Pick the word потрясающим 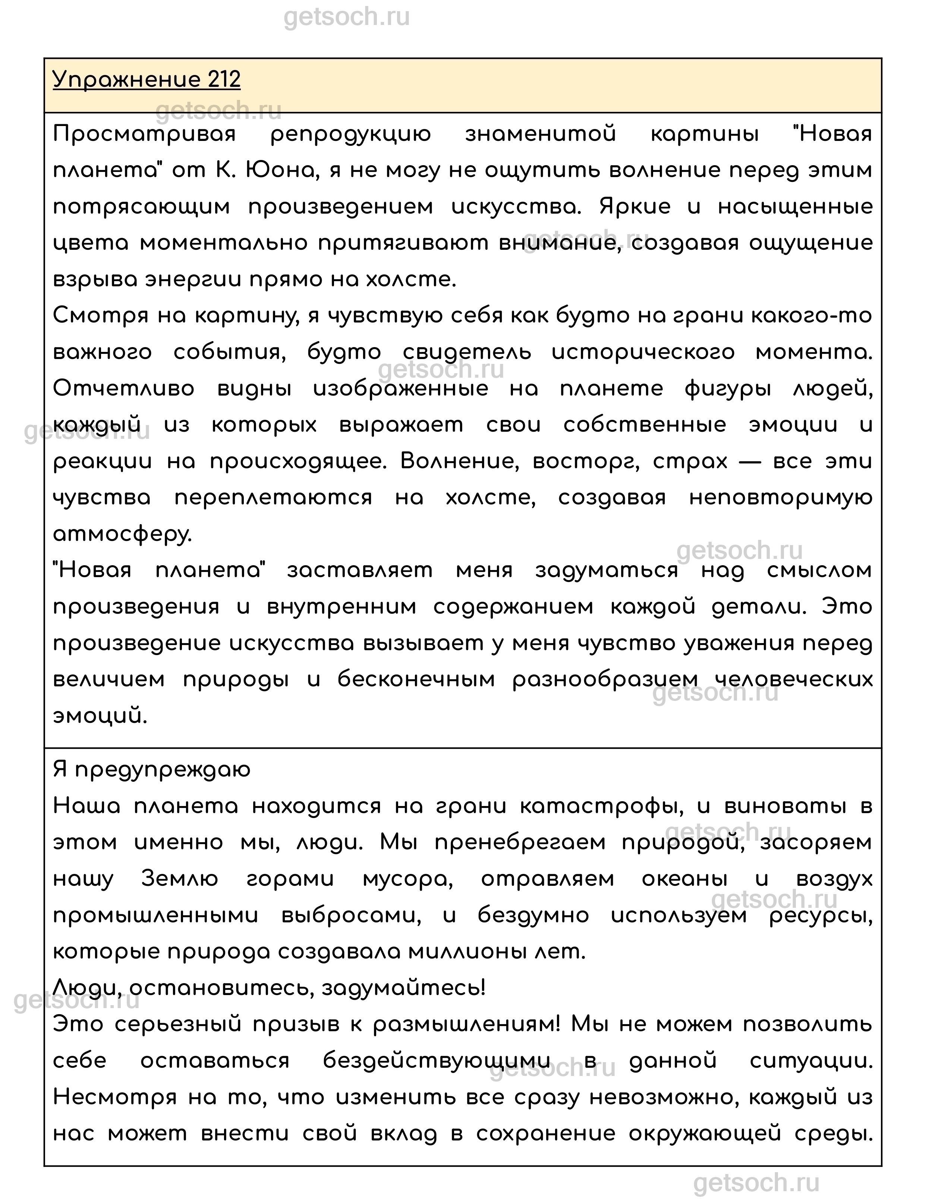[142, 207]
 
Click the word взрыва [94, 280]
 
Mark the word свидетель [467, 352]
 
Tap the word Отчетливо [123, 389]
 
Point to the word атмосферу [122, 534]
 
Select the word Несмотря [115, 1098]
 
